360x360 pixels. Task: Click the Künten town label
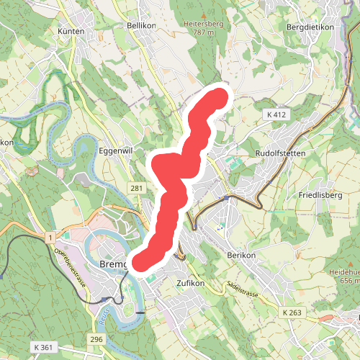point(72,32)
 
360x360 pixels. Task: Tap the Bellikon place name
point(141,24)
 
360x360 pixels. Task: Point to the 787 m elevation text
point(204,32)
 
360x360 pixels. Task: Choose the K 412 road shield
point(276,114)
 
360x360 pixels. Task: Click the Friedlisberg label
point(320,195)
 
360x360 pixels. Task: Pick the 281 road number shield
point(137,188)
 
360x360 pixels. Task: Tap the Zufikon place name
point(191,284)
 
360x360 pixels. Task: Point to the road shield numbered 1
point(50,238)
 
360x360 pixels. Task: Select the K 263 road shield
point(293,312)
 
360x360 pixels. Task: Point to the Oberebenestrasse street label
point(71,267)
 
